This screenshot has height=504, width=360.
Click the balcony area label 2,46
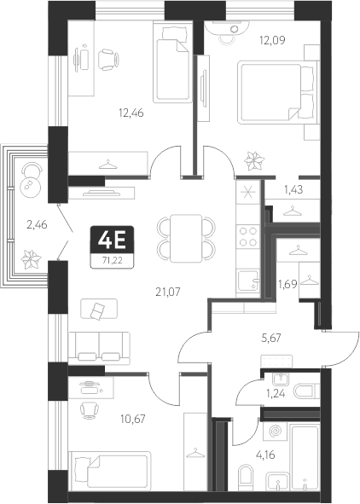(37, 225)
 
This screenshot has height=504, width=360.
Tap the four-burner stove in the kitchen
(248, 236)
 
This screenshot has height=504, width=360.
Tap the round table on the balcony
(32, 178)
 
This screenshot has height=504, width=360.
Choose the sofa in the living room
(102, 345)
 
